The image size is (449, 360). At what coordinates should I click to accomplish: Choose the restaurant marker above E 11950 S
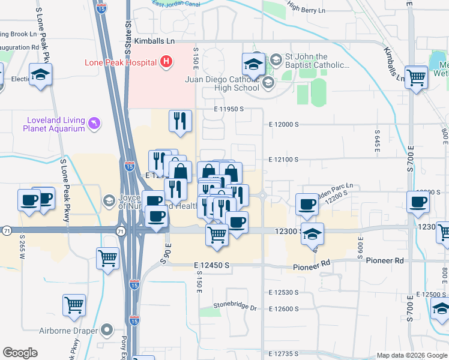point(180,121)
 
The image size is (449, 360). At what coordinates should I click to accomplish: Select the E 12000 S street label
point(285,124)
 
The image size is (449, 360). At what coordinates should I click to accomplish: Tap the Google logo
point(20,353)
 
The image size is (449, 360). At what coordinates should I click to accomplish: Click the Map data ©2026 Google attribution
point(411,355)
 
